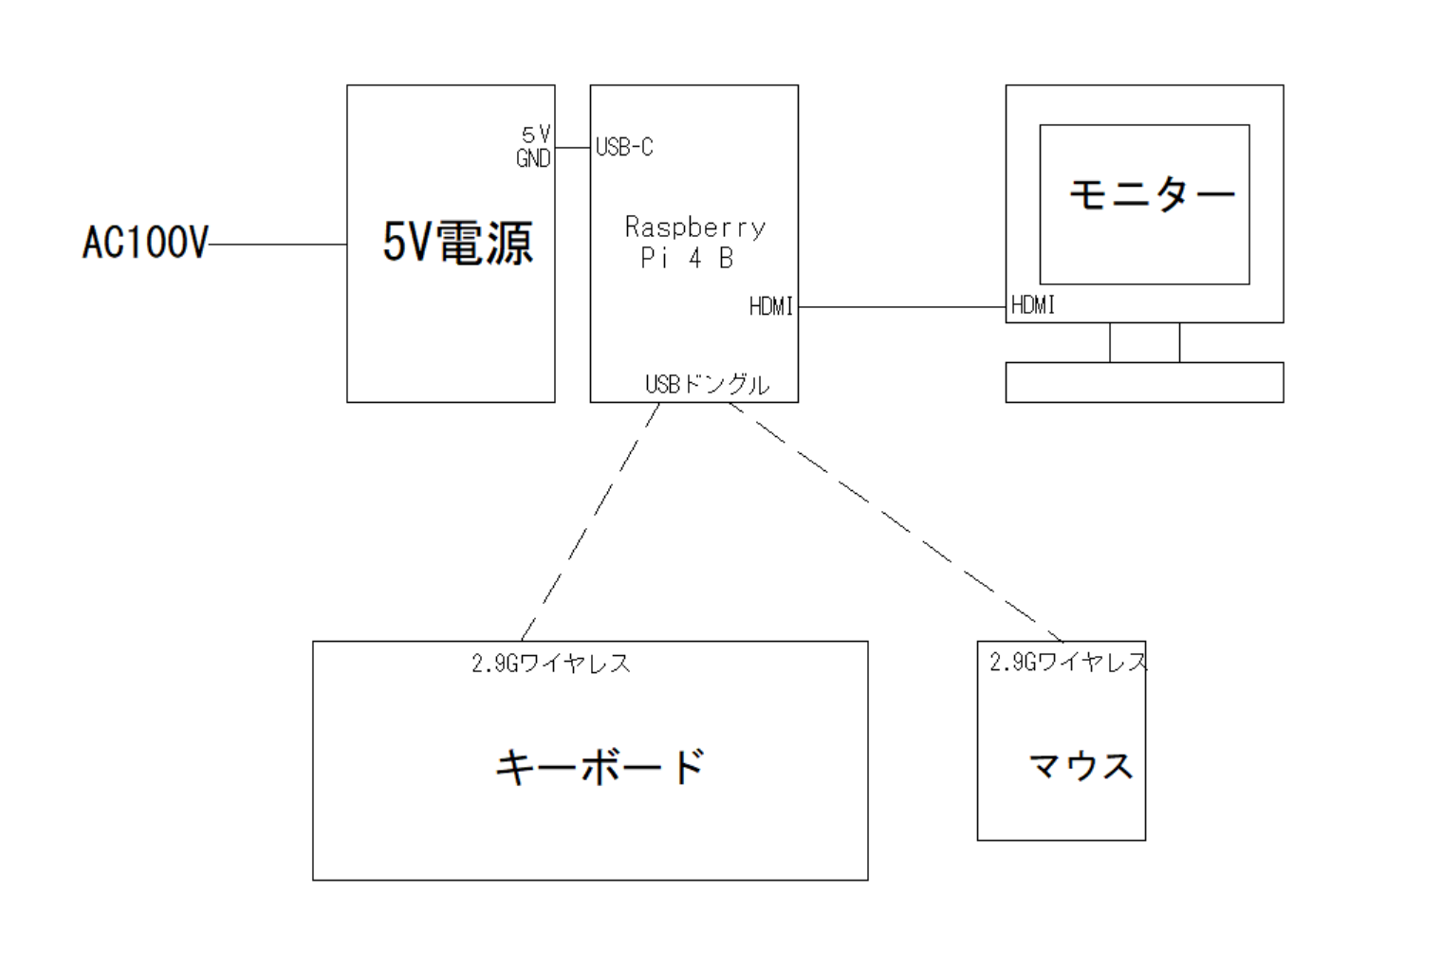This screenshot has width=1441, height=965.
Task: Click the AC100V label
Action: pos(144,243)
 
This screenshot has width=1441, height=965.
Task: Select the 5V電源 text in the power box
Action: pos(457,242)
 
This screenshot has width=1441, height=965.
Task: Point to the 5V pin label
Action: pos(536,135)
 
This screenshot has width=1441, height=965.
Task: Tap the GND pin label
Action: pos(533,158)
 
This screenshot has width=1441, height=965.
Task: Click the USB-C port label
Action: pos(624,147)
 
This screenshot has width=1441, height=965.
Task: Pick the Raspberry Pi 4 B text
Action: pos(693,242)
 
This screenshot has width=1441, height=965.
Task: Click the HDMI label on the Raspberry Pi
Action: pos(770,306)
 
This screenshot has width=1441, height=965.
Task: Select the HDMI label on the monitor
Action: pos(1033,305)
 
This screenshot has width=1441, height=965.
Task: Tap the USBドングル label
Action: pos(707,384)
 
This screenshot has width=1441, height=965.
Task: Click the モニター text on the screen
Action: pos(1152,195)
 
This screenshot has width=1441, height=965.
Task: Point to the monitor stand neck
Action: pos(1144,342)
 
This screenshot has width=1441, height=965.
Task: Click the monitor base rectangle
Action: pos(1144,382)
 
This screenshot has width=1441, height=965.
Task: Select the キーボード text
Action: pos(600,766)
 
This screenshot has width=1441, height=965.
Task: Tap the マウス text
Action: pos(1081,766)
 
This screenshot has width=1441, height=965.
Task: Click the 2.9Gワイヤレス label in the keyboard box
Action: pos(551,663)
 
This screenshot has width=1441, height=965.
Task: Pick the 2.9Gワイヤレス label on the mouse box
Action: pos(1068,662)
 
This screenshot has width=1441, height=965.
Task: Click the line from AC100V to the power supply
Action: pos(277,245)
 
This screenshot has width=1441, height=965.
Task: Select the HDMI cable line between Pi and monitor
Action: pos(901,307)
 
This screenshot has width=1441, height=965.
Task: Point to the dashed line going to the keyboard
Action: pos(590,521)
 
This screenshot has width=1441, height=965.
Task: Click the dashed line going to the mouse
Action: pos(896,521)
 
